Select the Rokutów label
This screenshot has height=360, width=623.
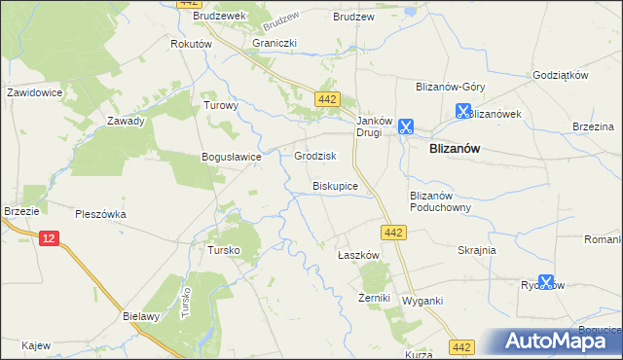tap(191, 45)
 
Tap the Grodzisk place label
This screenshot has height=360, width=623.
tap(314, 156)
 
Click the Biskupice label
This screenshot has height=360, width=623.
tap(335, 185)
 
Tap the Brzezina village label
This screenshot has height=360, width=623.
tap(593, 126)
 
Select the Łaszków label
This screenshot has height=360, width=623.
tap(357, 254)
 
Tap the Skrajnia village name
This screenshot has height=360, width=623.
tap(477, 250)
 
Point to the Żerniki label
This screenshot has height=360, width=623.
tap(374, 297)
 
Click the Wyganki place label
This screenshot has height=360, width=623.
tap(422, 301)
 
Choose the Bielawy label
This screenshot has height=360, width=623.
tap(141, 317)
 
